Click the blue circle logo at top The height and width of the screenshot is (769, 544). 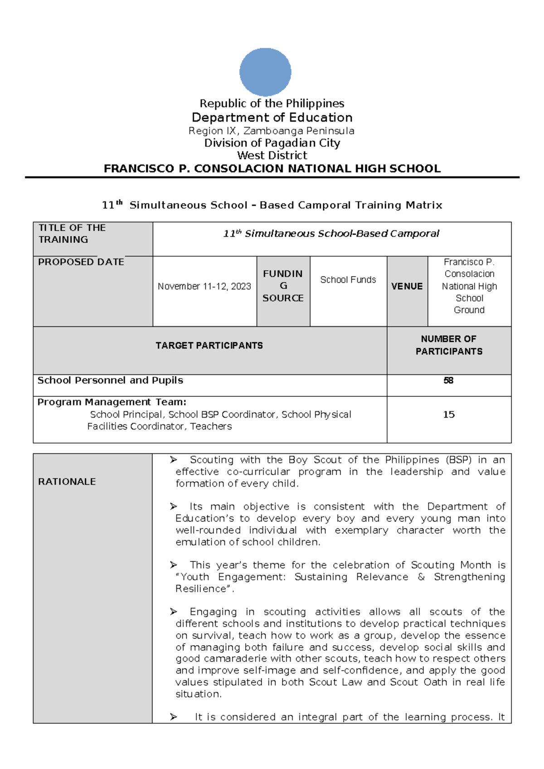[265, 72]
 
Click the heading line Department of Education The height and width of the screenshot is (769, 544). [272, 117]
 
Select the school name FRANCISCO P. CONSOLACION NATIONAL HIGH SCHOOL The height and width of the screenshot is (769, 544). [272, 169]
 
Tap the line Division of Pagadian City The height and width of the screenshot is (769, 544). [272, 143]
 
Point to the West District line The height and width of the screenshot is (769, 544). [272, 156]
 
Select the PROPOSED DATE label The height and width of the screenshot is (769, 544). [81, 262]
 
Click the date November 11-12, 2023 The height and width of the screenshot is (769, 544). [204, 287]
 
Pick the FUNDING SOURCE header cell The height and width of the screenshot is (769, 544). [283, 286]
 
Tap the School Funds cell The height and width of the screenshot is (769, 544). [348, 280]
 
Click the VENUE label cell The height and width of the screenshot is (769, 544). [407, 287]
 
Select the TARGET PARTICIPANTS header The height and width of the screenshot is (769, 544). [209, 346]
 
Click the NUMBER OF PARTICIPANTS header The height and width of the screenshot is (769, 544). [449, 345]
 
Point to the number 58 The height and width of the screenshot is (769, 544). [448, 380]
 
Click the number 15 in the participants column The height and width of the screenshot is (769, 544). [449, 414]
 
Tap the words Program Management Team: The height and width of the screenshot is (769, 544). [112, 402]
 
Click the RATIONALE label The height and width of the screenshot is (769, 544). [67, 482]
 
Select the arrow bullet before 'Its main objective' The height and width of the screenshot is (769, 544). [173, 506]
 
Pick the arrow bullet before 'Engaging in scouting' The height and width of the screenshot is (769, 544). [173, 612]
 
